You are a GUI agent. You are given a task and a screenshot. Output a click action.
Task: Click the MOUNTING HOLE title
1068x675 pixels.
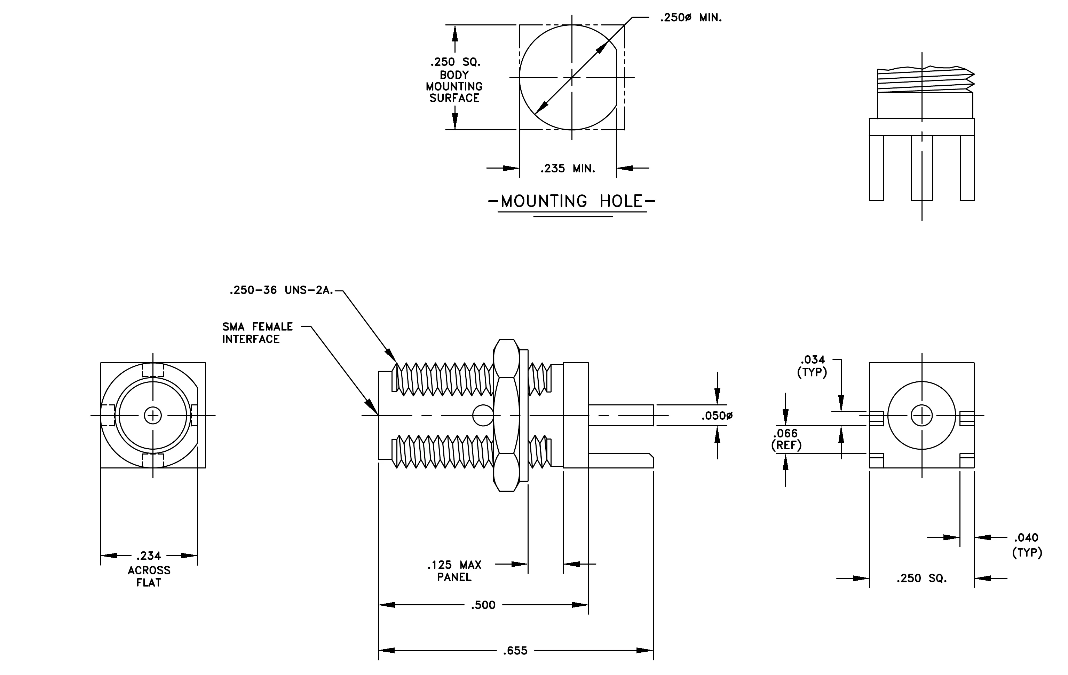572,201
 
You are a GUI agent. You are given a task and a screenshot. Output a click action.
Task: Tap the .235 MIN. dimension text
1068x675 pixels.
568,169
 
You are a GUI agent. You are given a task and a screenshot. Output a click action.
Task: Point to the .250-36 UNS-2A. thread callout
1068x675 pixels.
281,290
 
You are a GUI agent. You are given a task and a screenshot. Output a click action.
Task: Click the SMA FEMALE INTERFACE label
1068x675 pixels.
258,333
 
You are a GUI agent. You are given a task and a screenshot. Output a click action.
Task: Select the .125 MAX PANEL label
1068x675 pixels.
454,571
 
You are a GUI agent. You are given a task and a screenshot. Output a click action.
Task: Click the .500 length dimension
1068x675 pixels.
483,605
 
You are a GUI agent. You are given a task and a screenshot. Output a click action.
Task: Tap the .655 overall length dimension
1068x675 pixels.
515,651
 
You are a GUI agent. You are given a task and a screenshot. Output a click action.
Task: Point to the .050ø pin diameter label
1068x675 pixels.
717,416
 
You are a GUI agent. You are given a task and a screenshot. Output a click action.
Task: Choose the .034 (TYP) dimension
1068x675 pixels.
812,366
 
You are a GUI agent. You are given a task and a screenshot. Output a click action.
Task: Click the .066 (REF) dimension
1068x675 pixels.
786,439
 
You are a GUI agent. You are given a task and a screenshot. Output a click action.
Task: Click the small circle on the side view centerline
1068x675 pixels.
483,416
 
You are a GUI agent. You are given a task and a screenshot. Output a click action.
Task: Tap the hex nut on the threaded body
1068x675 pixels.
506,416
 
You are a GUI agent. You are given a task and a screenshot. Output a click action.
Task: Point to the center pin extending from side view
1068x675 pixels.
621,416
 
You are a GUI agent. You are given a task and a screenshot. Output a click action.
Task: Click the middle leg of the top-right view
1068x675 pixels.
921,168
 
